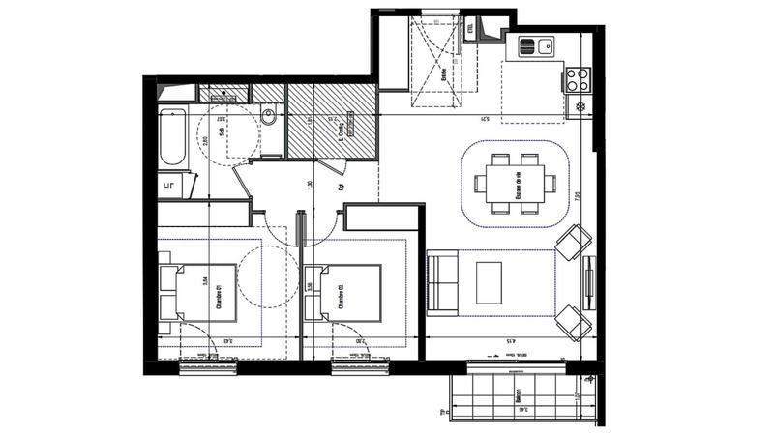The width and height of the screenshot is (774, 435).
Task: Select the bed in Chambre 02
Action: pyautogui.click(x=342, y=292)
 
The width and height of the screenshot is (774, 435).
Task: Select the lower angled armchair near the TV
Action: pyautogui.click(x=574, y=321)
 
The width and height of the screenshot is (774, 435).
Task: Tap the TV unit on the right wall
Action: pyautogui.click(x=588, y=280)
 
